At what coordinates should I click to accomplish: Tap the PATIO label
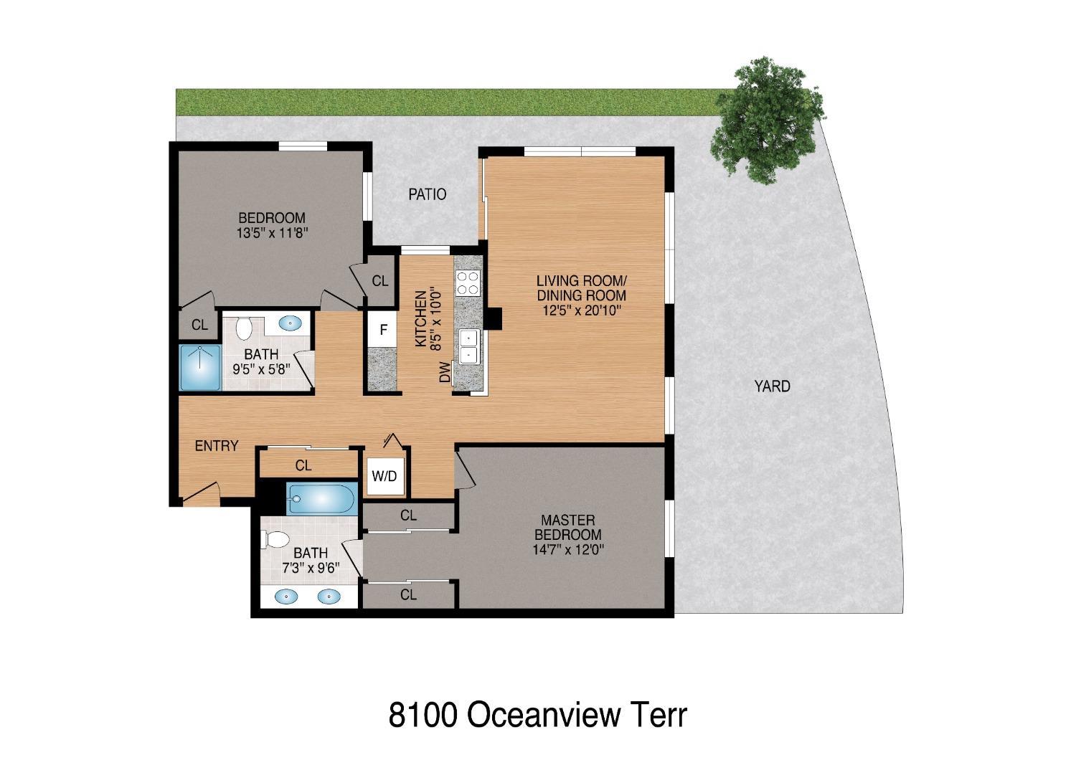(x=427, y=194)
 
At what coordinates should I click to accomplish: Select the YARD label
(x=772, y=386)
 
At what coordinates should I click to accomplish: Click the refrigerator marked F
(x=383, y=331)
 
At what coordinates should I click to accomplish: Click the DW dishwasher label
(x=445, y=372)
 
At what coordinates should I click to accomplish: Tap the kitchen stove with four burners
(x=468, y=282)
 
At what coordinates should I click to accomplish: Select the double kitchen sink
(x=469, y=346)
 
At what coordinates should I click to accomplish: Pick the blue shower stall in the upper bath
(x=199, y=368)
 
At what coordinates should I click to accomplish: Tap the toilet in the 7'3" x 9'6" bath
(x=277, y=539)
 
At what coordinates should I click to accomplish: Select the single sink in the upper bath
(x=291, y=323)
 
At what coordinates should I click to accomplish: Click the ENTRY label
(x=216, y=446)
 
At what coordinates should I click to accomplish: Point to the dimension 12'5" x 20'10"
(x=581, y=310)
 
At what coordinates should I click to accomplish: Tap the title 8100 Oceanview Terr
(x=537, y=715)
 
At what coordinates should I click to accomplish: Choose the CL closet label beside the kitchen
(x=380, y=281)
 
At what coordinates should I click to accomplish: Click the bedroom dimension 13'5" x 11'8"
(x=272, y=233)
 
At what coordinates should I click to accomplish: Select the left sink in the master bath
(x=287, y=596)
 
